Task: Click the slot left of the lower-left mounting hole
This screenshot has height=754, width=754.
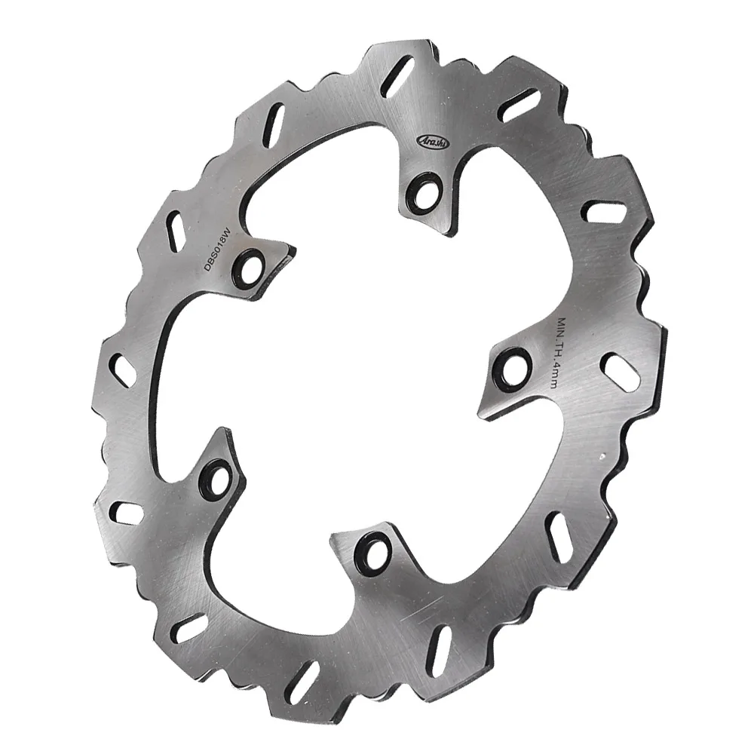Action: pos(126,513)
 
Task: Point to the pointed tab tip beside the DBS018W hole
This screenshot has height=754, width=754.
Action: pos(293,250)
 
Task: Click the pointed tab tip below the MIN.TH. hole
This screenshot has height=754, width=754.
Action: pos(481,412)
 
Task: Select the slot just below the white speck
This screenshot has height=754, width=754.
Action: pos(556,535)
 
